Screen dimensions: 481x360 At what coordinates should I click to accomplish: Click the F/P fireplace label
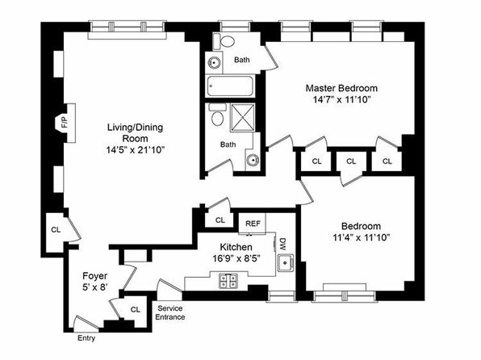coord(65,123)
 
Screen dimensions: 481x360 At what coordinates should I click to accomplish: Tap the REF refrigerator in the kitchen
coord(253,224)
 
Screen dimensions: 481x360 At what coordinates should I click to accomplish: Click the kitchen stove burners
coord(228,281)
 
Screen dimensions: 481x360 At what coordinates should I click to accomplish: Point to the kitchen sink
coord(286,263)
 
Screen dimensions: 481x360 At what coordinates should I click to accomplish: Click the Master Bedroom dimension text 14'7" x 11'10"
coord(341,100)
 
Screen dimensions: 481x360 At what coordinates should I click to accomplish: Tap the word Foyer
coord(94,276)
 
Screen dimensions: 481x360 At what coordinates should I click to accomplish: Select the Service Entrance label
coord(170,312)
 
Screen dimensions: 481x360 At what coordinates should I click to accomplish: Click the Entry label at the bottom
coord(86,338)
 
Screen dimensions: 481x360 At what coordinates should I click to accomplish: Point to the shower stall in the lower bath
coord(243,118)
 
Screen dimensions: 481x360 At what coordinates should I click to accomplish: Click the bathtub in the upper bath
coord(230,86)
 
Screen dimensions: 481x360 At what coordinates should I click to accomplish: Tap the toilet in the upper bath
coord(224,41)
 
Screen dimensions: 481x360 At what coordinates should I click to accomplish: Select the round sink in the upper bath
coord(214,63)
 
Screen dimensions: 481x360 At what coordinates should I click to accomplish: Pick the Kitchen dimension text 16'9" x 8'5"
coord(236,258)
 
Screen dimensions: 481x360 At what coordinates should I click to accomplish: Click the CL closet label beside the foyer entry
coord(136,310)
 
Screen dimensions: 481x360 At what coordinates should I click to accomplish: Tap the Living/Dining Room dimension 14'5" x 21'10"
coord(136,150)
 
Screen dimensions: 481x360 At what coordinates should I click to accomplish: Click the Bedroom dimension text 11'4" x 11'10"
coord(361,237)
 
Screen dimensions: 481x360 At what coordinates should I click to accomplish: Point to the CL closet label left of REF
coord(220,220)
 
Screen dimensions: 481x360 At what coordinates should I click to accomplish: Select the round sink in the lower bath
coord(253,160)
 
